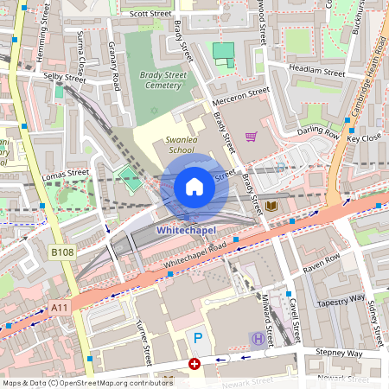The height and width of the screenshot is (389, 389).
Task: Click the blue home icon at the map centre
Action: [x=194, y=186]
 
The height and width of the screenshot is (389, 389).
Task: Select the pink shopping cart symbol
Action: [x=252, y=137]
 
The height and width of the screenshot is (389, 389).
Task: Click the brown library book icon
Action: [x=272, y=206]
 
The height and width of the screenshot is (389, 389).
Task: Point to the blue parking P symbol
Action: [x=198, y=338]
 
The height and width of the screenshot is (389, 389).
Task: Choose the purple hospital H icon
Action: [x=257, y=339]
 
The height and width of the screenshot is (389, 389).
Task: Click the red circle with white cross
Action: [x=194, y=364]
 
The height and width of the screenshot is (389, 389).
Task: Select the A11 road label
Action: [x=59, y=307]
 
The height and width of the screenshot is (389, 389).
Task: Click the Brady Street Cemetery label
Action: [x=163, y=80]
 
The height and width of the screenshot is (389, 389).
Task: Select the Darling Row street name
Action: [x=318, y=132]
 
